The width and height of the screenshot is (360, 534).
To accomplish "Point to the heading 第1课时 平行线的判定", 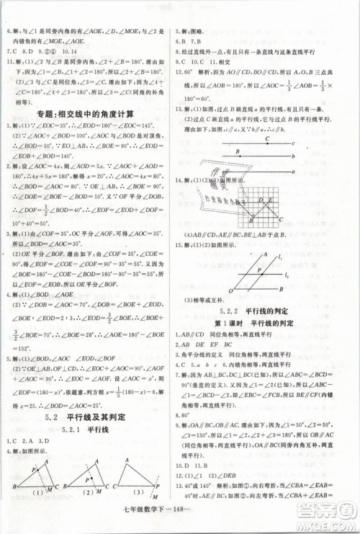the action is click(267, 326).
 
